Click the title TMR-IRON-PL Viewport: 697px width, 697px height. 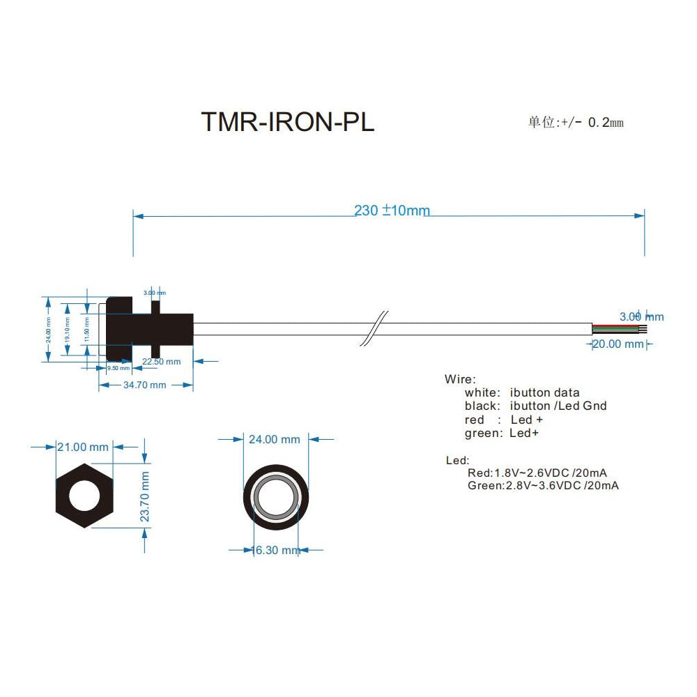[x=287, y=121]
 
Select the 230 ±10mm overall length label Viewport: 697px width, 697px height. [x=392, y=210]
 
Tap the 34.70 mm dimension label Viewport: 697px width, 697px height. [x=145, y=385]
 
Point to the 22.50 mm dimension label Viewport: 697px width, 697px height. [x=161, y=361]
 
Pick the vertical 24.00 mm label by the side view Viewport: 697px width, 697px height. [x=48, y=329]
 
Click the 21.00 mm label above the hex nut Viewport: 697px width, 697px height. [x=83, y=447]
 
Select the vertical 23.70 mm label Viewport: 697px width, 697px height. [x=145, y=496]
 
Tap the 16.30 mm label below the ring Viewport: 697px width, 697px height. [x=276, y=550]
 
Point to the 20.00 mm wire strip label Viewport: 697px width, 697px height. [x=618, y=344]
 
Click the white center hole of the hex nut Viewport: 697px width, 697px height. [x=84, y=495]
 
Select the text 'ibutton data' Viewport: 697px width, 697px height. [x=544, y=392]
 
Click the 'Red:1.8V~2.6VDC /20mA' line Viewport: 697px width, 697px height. [x=537, y=473]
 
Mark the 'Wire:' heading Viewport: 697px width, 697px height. [x=460, y=379]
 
